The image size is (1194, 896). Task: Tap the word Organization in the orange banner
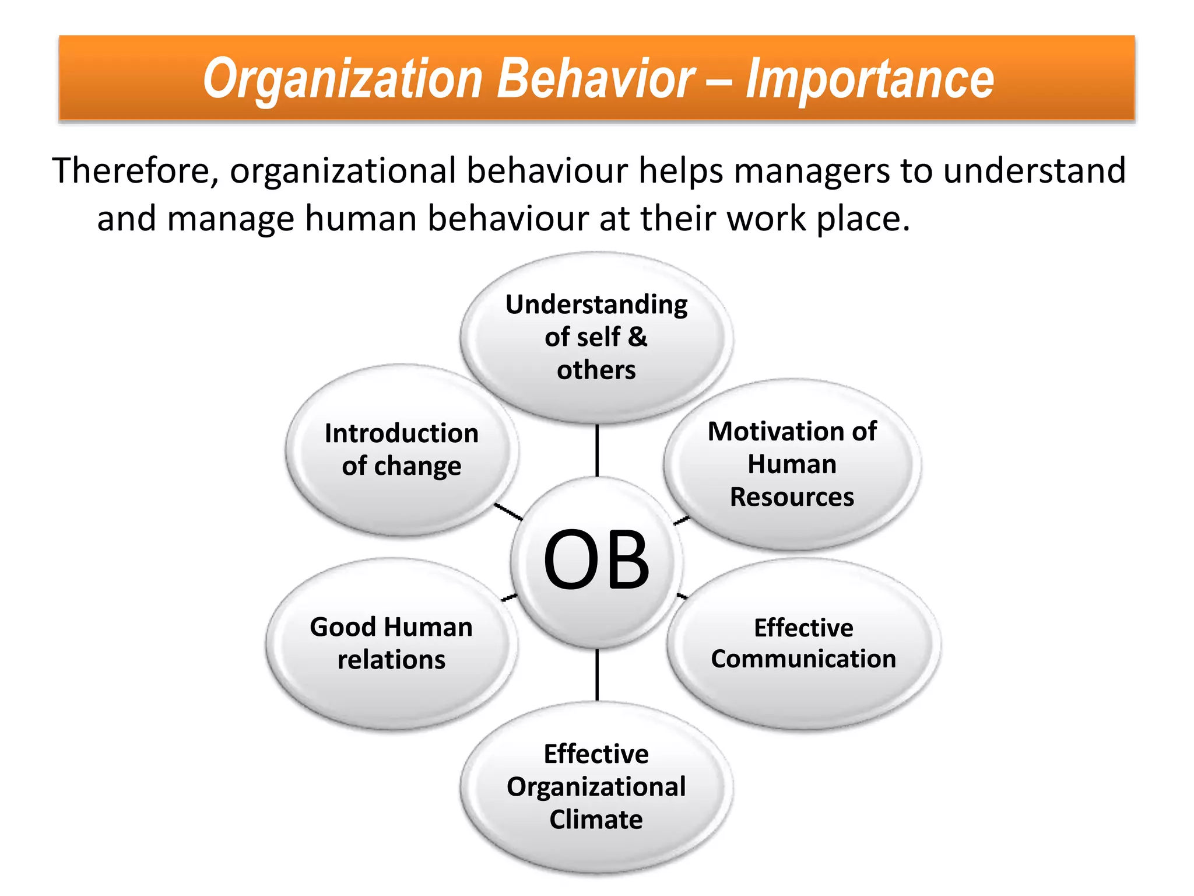343,80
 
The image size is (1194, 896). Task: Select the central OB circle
596,561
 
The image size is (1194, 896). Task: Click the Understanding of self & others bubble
596,337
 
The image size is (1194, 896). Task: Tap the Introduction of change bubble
401,449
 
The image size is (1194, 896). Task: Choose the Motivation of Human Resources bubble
792,464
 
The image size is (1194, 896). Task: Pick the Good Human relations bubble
391,643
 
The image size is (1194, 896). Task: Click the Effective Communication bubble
803,643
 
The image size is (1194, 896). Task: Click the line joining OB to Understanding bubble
597,450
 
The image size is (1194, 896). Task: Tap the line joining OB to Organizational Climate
597,675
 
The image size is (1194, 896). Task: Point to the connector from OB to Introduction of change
508,512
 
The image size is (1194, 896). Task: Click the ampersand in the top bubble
638,337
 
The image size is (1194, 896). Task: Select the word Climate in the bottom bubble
596,820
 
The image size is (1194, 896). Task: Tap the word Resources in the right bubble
792,497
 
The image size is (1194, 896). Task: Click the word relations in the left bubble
391,660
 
